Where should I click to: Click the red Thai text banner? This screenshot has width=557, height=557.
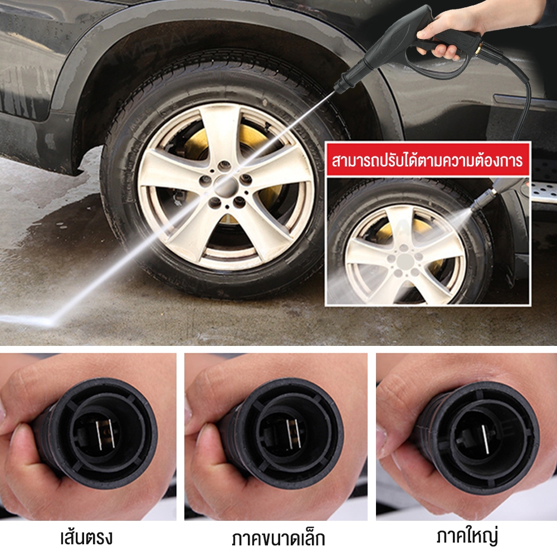(x=427, y=160)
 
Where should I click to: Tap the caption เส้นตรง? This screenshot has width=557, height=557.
(x=86, y=538)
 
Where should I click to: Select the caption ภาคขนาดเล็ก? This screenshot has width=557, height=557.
(x=278, y=539)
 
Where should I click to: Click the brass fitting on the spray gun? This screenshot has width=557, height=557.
(x=476, y=47)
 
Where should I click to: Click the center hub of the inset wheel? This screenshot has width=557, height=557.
(x=405, y=261)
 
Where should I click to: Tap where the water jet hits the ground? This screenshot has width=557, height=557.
(x=50, y=321)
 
